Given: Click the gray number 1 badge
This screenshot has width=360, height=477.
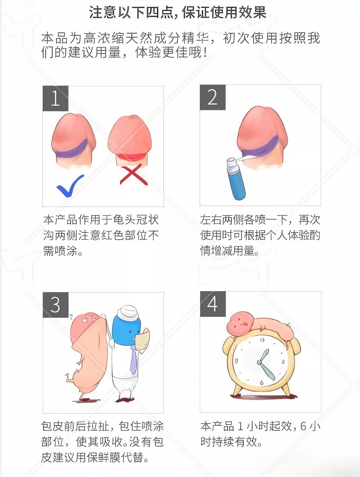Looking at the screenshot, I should pyautogui.click(x=55, y=98).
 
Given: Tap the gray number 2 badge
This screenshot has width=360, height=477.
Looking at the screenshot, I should pyautogui.click(x=212, y=98).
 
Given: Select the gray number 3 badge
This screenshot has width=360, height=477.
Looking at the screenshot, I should pyautogui.click(x=55, y=305).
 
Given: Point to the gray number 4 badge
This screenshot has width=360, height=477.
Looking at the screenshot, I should pyautogui.click(x=212, y=305).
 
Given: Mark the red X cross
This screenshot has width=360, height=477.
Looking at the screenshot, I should pyautogui.click(x=134, y=175).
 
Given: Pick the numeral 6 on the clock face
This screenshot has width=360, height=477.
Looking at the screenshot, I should pyautogui.click(x=261, y=382).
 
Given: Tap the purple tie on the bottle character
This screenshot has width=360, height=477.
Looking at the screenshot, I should pyautogui.click(x=133, y=360).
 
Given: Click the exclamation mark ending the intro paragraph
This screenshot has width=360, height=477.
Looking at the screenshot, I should pyautogui.click(x=205, y=53).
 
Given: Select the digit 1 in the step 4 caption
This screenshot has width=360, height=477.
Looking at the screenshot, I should pyautogui.click(x=241, y=425).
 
